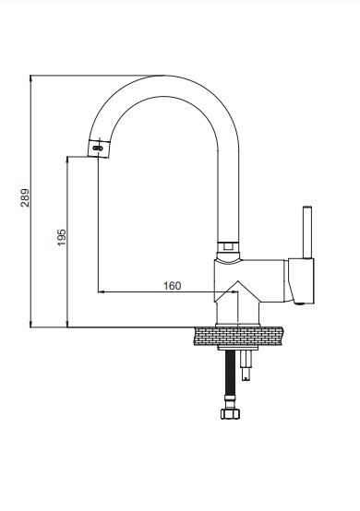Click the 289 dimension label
point(25,197)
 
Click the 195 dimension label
point(61,237)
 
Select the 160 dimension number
point(172,286)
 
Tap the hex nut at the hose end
point(230,413)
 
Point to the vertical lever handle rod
point(307,232)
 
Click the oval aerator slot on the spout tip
point(98,149)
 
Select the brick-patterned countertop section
point(239,336)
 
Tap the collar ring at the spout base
point(228,246)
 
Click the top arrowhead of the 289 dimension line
point(30,78)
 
